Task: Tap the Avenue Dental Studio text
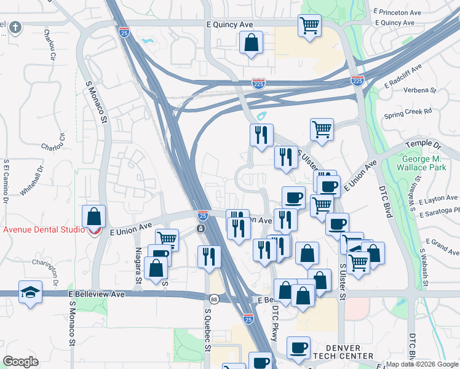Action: pos(43,230)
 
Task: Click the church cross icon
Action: pos(15,27)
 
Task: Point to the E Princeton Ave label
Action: pos(397,11)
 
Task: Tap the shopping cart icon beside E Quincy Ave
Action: pos(310,25)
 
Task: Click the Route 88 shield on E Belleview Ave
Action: pos(214,299)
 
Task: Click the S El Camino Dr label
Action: pos(6,181)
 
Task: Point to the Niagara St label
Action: pos(139,264)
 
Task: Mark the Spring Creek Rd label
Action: pos(408,113)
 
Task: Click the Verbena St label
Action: pos(419,90)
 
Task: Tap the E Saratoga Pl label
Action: pos(439,210)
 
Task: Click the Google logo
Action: pos(21,362)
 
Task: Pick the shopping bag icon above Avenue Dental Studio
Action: pos(93,216)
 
